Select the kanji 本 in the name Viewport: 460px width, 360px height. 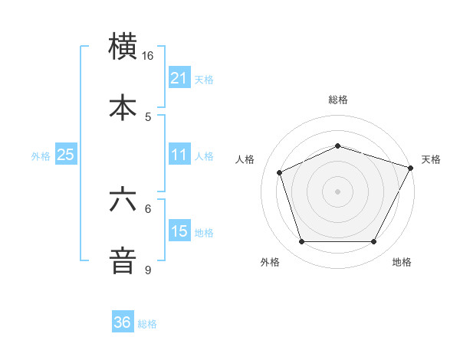click(123, 106)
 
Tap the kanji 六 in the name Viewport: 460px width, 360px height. click(123, 200)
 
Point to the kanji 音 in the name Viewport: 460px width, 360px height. click(123, 260)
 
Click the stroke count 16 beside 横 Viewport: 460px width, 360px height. click(148, 56)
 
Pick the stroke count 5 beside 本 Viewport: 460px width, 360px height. click(148, 116)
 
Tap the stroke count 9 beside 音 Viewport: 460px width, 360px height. click(148, 270)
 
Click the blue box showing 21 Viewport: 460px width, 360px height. click(179, 78)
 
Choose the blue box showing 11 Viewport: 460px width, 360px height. click(179, 155)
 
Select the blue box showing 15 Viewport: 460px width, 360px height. click(179, 231)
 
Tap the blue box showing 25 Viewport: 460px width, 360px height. click(65, 155)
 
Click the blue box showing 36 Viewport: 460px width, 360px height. click(123, 322)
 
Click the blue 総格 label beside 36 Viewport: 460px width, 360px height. click(147, 324)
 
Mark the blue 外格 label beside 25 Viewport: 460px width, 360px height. click(41, 156)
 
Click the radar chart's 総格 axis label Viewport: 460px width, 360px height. click(337, 100)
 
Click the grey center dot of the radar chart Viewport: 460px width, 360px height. click(337, 191)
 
